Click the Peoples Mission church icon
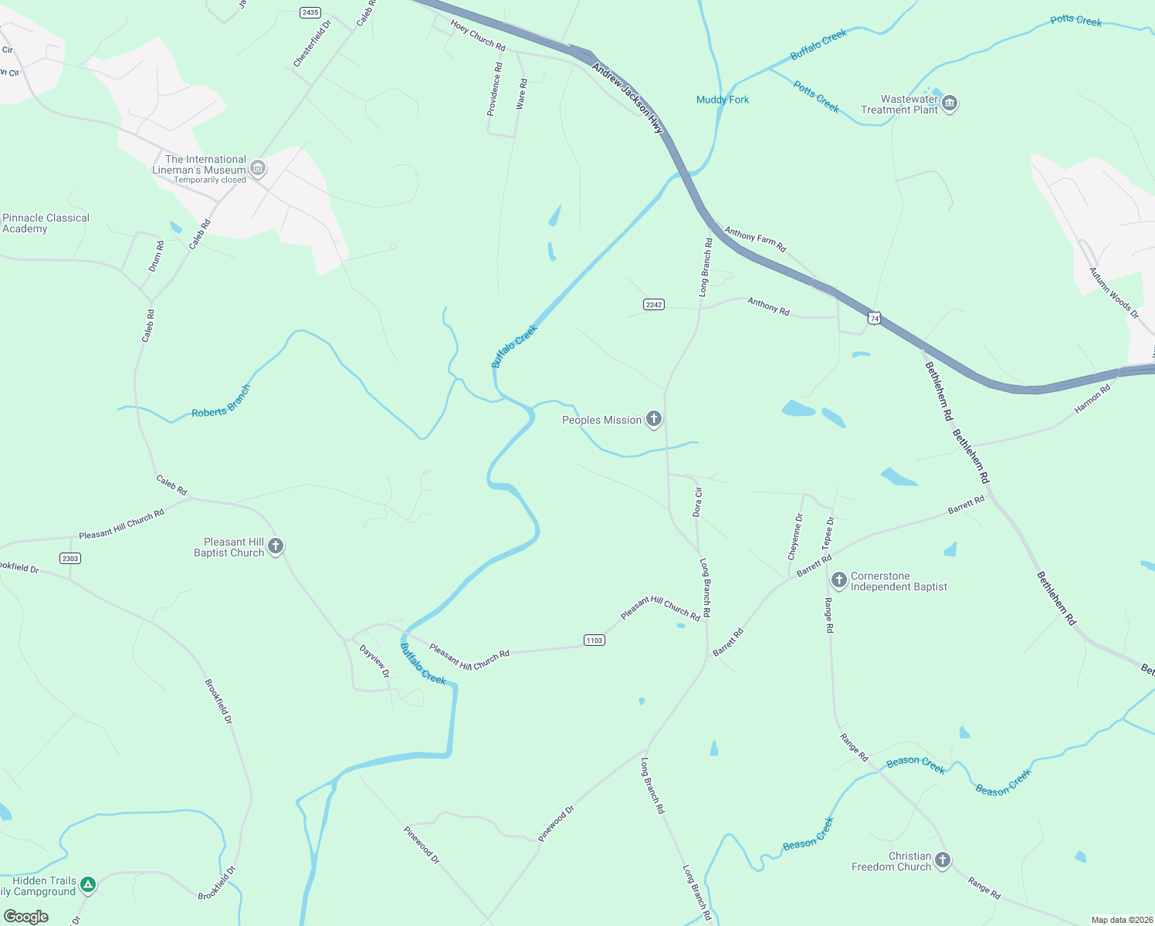pos(654,419)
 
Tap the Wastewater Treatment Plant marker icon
pos(950,103)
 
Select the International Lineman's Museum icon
pos(259,168)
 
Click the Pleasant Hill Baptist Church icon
pos(276,546)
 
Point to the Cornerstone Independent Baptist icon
pos(839,580)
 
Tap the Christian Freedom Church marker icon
pos(943,860)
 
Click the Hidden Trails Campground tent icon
pos(88,885)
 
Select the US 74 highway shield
pos(874,318)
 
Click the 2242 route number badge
pos(654,305)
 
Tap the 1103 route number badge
pos(594,640)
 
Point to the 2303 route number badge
pos(70,558)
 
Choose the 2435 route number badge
pos(310,12)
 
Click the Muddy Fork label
pos(723,100)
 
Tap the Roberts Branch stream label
pos(222,402)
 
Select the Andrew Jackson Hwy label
pos(628,98)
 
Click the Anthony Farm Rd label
pos(755,239)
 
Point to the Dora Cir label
pos(698,502)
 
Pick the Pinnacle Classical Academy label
pos(46,223)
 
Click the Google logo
pos(26,917)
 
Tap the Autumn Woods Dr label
pos(1113,292)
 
